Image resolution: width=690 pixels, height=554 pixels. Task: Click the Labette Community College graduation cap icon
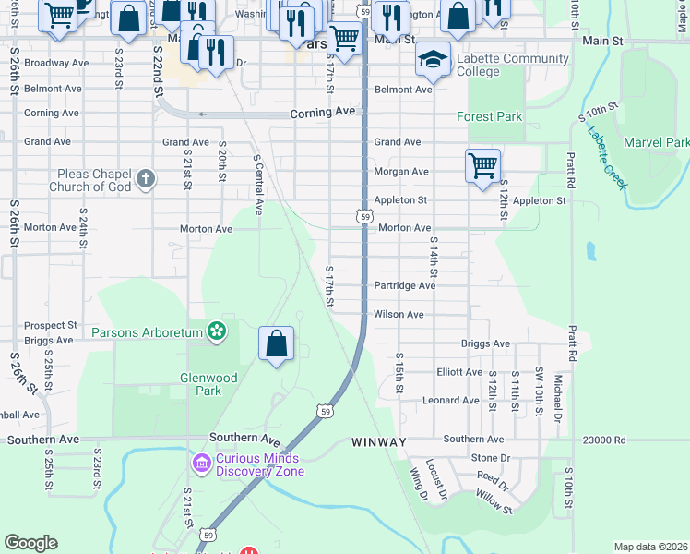(x=433, y=59)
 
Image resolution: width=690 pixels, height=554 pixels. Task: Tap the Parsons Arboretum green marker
(x=217, y=331)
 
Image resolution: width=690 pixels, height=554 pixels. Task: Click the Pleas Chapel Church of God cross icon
(x=145, y=179)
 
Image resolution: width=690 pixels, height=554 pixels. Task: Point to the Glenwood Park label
(x=209, y=384)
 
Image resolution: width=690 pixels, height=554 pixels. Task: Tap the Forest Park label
(x=489, y=116)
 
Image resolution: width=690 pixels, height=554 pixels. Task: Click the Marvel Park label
(x=656, y=142)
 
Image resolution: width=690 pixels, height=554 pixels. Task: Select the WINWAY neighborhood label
(x=378, y=442)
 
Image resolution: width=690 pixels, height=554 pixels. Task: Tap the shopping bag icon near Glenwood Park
(x=277, y=343)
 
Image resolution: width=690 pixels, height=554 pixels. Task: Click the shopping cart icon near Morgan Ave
(x=482, y=166)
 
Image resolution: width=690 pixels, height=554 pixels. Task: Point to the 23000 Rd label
(x=605, y=440)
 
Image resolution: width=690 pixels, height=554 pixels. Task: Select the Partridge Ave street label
(x=404, y=286)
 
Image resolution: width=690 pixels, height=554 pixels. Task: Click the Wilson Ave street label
(x=399, y=315)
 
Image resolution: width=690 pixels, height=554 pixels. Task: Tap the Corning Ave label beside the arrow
(x=322, y=112)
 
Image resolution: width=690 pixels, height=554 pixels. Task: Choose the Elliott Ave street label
(x=458, y=372)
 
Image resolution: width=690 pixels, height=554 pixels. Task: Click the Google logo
(x=30, y=543)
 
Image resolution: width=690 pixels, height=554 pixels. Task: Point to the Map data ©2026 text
(x=649, y=547)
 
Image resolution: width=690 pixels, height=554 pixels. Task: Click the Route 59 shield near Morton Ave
(x=364, y=216)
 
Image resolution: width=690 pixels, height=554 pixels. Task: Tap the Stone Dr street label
(x=490, y=457)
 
